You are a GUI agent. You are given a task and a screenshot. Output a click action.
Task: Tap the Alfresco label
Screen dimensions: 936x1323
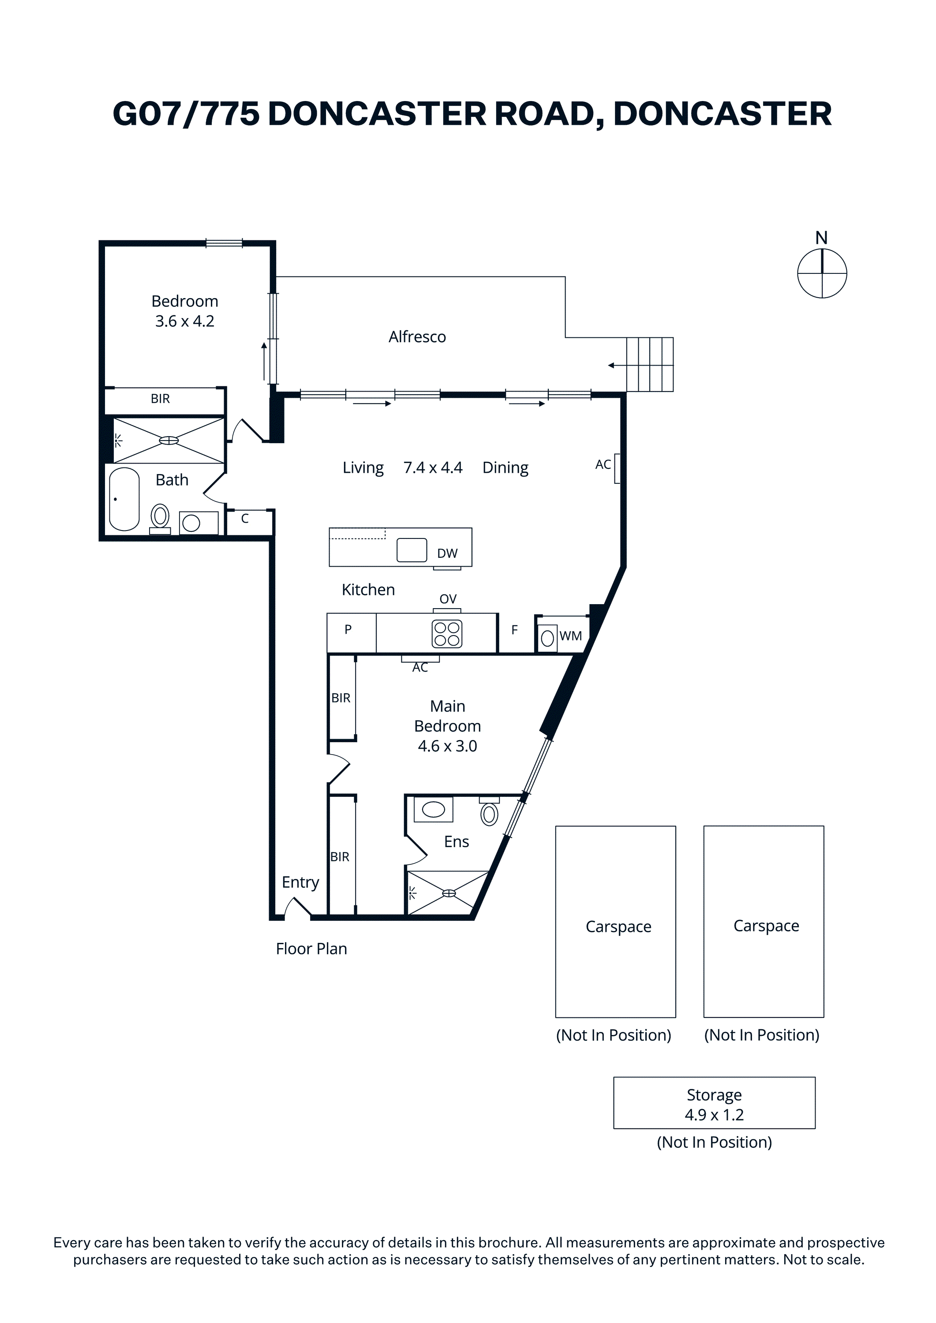coord(417,336)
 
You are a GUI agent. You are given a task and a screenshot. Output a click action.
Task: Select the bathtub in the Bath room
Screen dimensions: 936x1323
coord(124,499)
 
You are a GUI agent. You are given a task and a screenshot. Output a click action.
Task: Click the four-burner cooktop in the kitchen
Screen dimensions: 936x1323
coord(447,634)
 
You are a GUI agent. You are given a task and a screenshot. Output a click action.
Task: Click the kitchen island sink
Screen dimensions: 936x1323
coord(412,550)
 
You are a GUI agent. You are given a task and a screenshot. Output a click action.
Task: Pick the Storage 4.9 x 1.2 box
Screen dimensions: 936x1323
coord(714,1103)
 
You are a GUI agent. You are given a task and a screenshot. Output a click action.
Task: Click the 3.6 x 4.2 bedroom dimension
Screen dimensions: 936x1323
coord(184,321)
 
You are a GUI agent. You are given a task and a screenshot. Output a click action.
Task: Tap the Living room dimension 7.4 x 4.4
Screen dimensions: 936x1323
coord(433,467)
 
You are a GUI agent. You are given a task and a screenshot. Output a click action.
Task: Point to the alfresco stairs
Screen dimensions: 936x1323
coord(650,365)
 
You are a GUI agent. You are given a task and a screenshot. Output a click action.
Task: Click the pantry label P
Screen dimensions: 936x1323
coord(348,629)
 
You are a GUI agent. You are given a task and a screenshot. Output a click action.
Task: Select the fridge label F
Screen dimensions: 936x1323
coord(515,630)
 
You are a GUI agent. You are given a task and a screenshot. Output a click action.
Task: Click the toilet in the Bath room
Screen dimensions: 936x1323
coord(160,519)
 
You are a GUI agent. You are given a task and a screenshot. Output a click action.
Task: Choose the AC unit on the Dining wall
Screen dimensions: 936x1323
coord(617,468)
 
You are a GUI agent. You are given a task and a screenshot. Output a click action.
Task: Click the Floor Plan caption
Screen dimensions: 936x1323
coord(311,949)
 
